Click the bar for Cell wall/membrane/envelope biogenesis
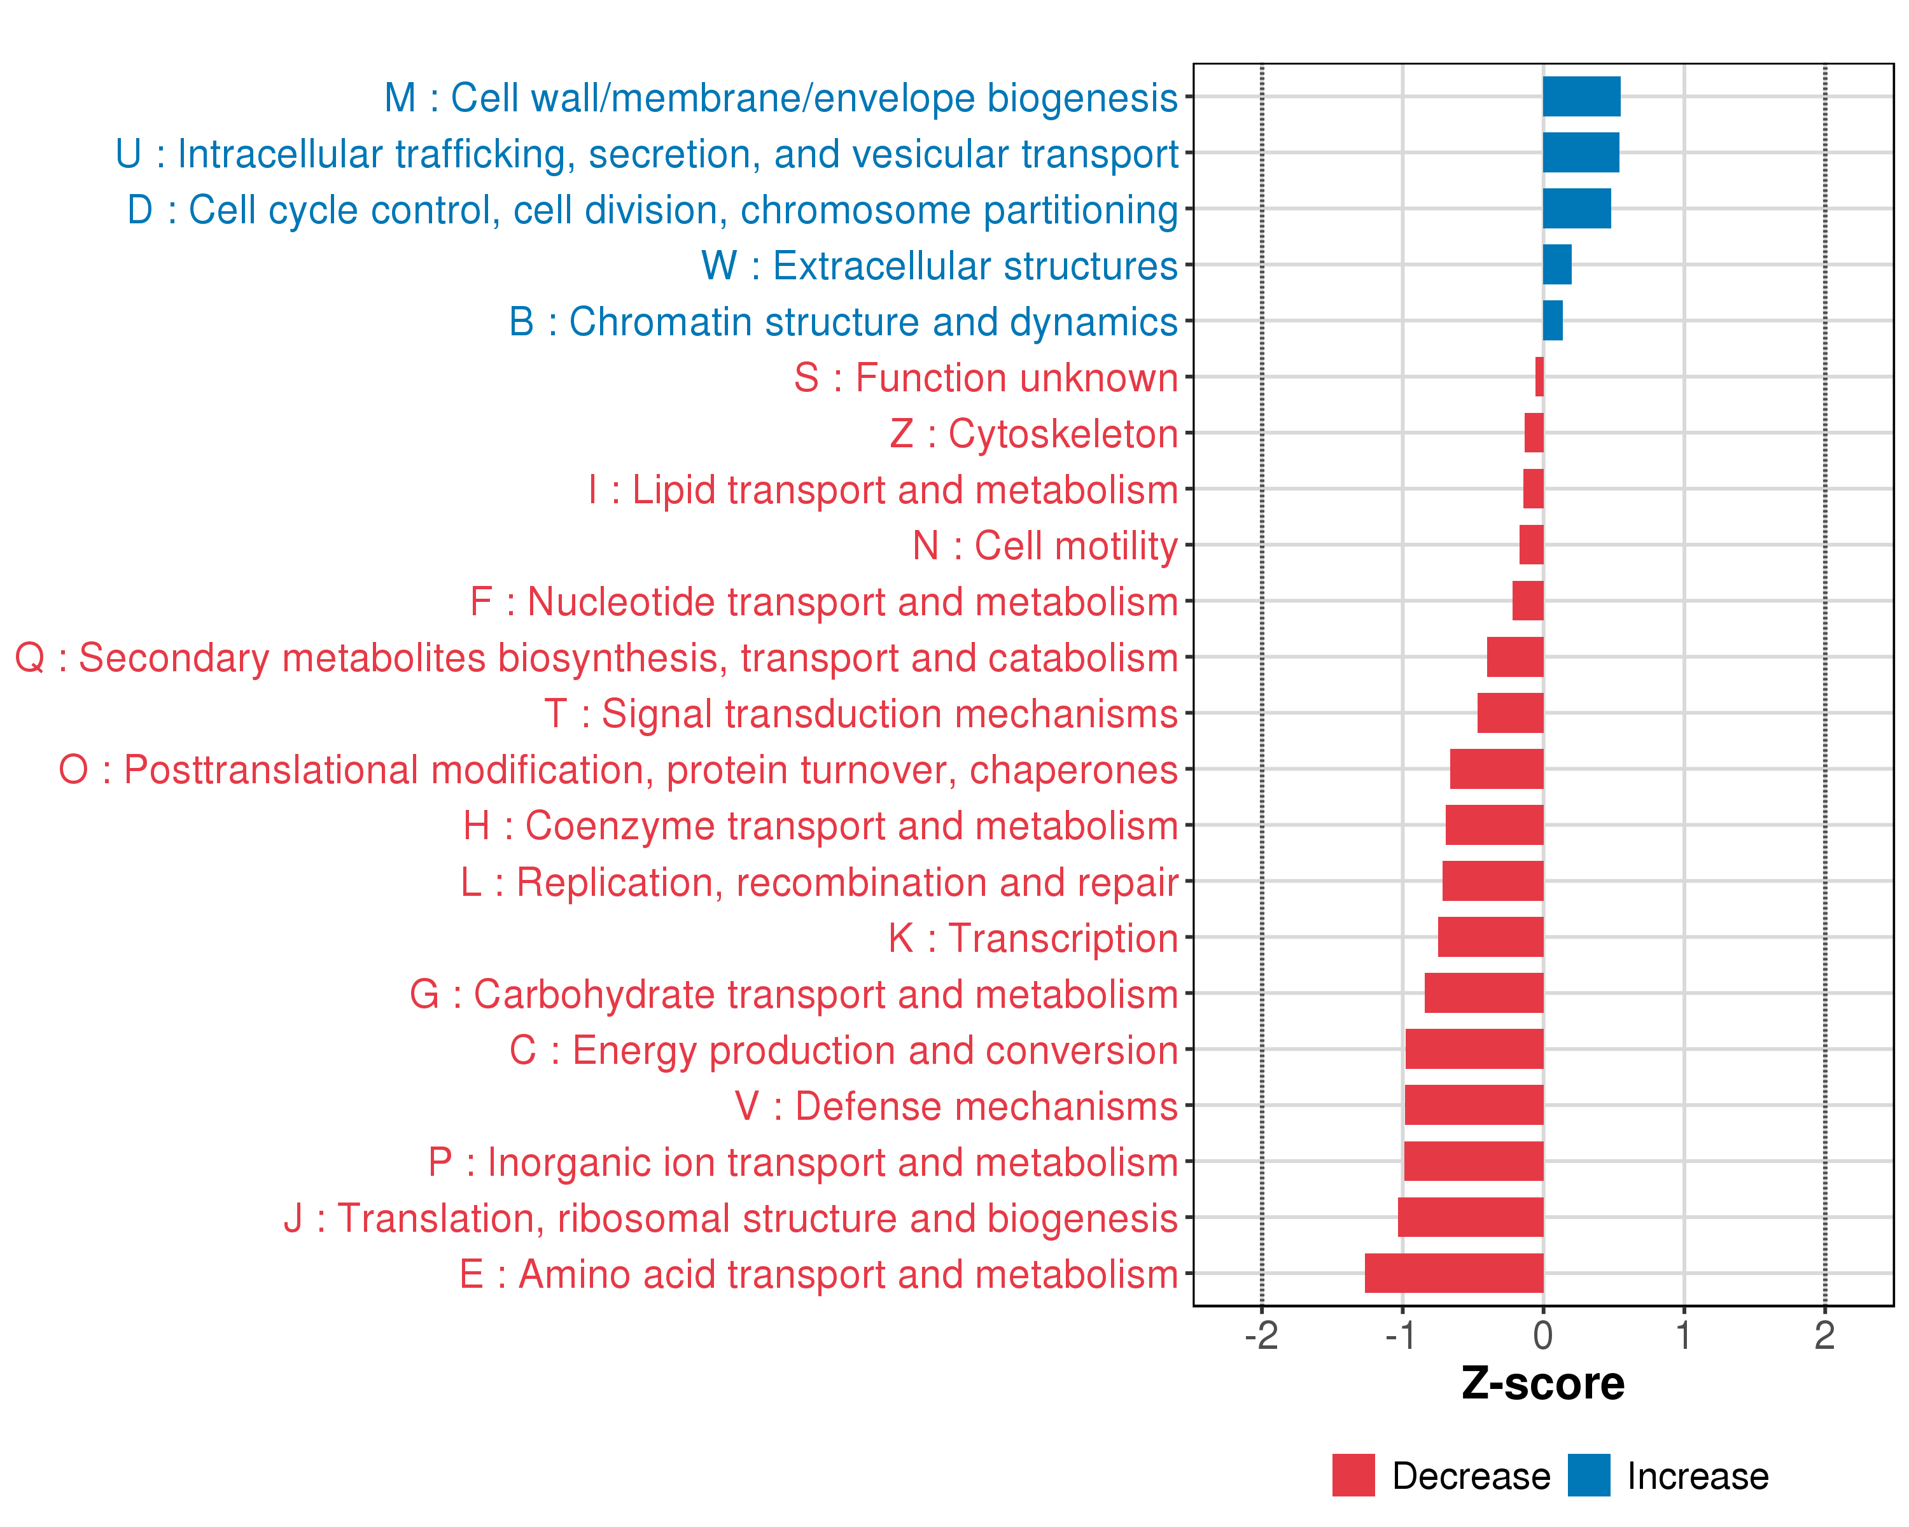coord(1581,97)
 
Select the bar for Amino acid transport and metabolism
coord(1454,1273)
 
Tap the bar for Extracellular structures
coord(1556,265)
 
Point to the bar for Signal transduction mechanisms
coord(1511,713)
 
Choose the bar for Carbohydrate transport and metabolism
coord(1484,993)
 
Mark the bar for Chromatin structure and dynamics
coord(1552,321)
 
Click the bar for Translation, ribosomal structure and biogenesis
coord(1471,1217)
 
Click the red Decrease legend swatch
coord(1353,1475)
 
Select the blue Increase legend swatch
coord(1588,1475)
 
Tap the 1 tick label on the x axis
coord(1683,1335)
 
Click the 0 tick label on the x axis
coord(1543,1335)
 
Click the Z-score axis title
coord(1542,1384)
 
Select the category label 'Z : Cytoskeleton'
coord(1033,434)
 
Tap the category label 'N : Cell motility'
coord(1045,546)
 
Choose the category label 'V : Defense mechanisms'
coord(956,1106)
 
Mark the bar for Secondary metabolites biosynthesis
coord(1515,657)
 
